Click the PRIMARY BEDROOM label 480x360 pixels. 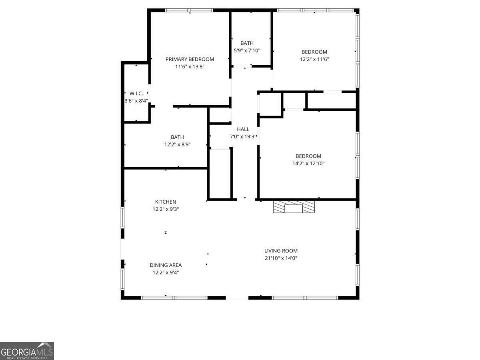190,59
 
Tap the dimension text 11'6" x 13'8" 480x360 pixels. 190,67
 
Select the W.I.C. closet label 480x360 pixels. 136,93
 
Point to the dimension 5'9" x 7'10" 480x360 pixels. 247,50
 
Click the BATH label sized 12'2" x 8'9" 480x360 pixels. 177,137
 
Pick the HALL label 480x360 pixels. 243,129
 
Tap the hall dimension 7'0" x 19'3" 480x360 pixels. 243,136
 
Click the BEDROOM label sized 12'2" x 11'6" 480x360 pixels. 314,52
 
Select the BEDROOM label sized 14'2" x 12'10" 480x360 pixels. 308,156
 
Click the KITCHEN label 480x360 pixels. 166,202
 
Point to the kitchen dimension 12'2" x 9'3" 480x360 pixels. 166,209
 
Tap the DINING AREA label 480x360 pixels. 166,265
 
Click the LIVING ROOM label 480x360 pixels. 281,251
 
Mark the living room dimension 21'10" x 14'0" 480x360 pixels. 281,258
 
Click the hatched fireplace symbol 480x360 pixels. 294,207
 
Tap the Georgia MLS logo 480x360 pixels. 27,351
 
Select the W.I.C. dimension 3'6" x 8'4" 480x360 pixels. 136,101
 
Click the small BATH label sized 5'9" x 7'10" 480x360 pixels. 247,43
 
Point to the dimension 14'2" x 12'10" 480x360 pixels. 308,163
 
